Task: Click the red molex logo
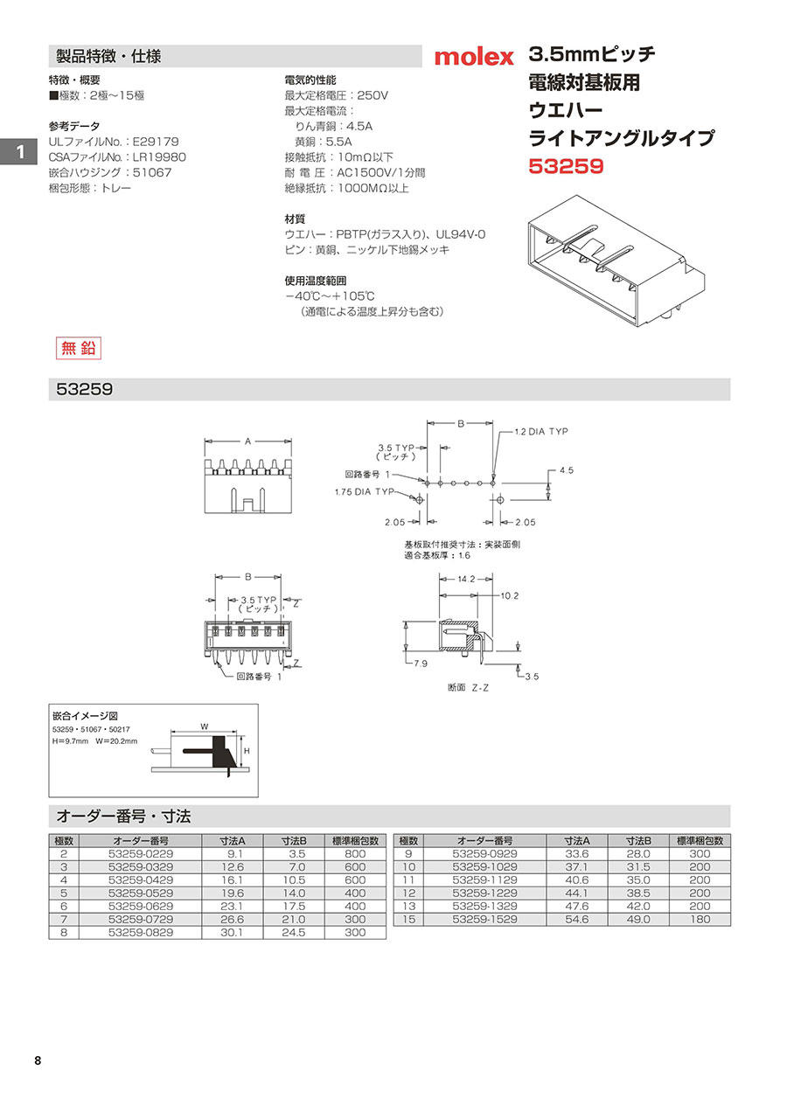click(474, 58)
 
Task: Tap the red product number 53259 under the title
click(567, 165)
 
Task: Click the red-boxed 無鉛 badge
click(79, 347)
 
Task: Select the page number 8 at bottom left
click(37, 1061)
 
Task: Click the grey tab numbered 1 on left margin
click(17, 152)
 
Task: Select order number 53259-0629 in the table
click(141, 907)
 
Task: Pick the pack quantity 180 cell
click(700, 920)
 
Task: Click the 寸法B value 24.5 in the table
click(293, 933)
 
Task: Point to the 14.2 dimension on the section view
click(466, 579)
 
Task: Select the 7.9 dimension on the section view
click(420, 664)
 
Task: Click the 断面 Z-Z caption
click(468, 687)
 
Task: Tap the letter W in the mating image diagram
click(204, 726)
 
